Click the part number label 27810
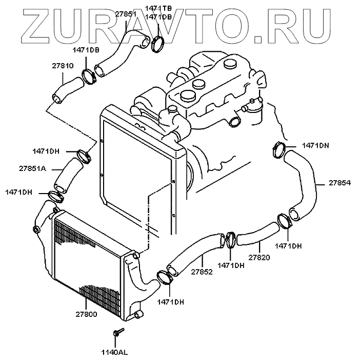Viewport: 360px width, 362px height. (x=63, y=66)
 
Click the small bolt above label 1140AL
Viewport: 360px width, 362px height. (x=118, y=332)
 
